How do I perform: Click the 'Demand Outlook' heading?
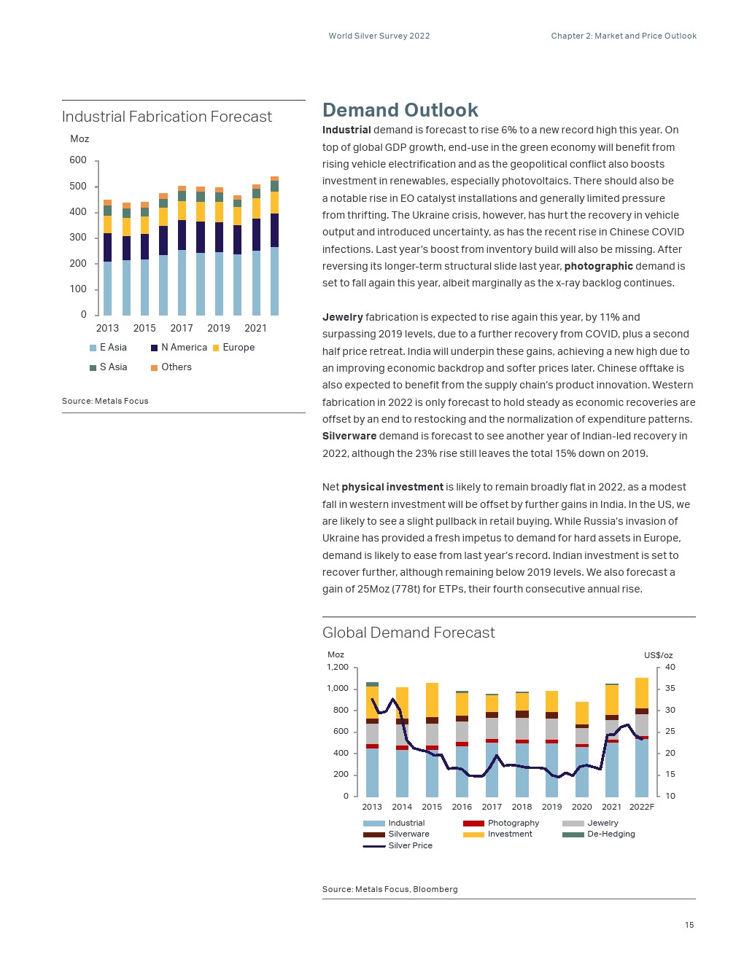click(400, 110)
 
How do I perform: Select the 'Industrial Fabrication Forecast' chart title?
click(166, 117)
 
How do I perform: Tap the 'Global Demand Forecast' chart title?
click(408, 633)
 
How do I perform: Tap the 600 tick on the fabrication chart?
click(78, 160)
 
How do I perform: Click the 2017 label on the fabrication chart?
click(182, 328)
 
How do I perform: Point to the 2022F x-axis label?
click(642, 807)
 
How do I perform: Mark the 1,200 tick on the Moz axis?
click(338, 667)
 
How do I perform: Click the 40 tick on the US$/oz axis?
click(670, 667)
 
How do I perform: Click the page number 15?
click(689, 925)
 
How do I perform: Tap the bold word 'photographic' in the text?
click(598, 266)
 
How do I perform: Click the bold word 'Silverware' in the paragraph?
click(349, 436)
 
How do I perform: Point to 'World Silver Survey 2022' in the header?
click(379, 36)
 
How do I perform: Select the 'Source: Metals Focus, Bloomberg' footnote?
click(390, 889)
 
